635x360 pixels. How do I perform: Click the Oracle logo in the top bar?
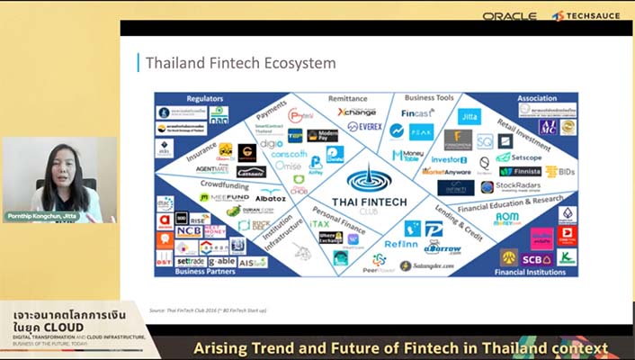click(x=509, y=16)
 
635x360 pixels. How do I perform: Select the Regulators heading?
click(x=204, y=98)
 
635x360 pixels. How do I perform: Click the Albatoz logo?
click(x=270, y=196)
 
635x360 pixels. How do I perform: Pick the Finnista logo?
click(x=521, y=171)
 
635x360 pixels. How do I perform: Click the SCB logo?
click(x=537, y=257)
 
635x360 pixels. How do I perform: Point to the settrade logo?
click(x=191, y=261)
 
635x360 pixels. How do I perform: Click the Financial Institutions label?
click(x=535, y=270)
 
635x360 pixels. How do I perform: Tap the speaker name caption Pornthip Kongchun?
click(x=40, y=217)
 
